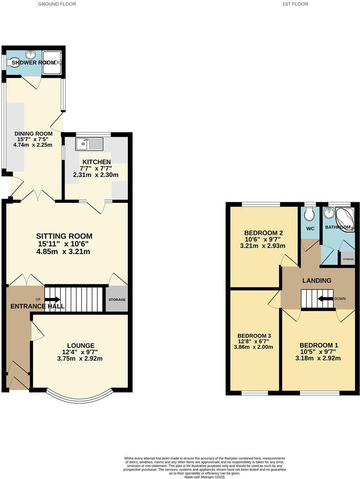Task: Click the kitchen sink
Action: coord(90,144)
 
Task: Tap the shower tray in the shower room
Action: coord(52,62)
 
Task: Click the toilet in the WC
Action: coord(310,214)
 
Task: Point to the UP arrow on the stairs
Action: coord(52,299)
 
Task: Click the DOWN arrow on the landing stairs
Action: coord(325,298)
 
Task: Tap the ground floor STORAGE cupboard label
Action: coord(117,300)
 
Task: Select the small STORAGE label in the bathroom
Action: coord(348,259)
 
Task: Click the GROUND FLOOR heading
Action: coord(57,4)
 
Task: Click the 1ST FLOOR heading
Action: coord(295,4)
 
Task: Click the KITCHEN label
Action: coord(96,162)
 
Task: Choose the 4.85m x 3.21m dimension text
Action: coord(64,251)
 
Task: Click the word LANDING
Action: coord(317,281)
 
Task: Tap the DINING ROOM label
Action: coord(33,133)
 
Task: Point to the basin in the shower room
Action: coord(31,55)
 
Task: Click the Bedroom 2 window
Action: coord(261,204)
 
